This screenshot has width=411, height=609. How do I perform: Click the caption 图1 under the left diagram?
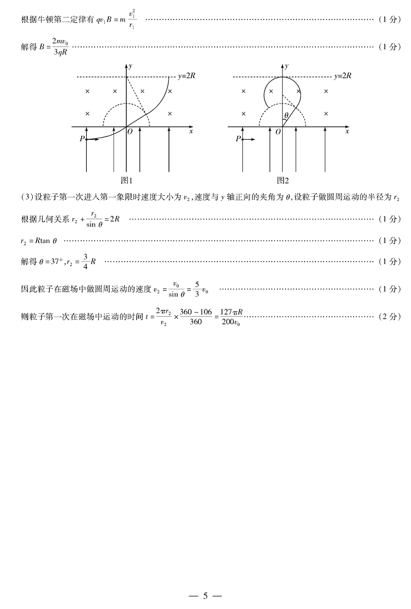[126, 180]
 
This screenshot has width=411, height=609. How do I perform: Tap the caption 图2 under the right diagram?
[283, 180]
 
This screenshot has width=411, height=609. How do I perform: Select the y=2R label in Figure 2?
[343, 76]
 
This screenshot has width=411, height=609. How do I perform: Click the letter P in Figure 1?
[82, 139]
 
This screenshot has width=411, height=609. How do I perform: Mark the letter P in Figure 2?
[238, 139]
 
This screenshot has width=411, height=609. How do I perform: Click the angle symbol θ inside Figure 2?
[286, 116]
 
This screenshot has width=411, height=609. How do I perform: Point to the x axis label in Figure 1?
[191, 132]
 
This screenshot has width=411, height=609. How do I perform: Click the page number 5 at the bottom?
[205, 596]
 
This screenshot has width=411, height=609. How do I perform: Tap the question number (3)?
[27, 198]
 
